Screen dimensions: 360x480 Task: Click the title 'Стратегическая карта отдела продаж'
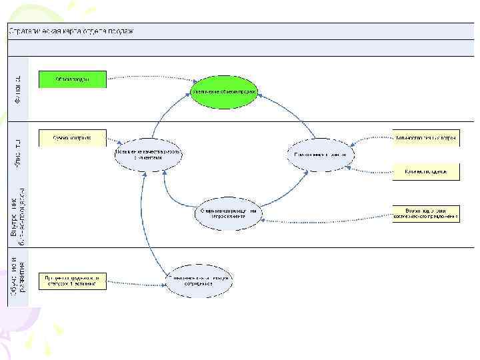point(71,31)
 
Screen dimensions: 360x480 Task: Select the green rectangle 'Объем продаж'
point(72,79)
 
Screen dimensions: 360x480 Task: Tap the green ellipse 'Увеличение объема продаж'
point(223,91)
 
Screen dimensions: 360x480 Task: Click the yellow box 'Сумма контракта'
point(72,138)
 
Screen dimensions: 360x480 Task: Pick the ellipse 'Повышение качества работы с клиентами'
point(147,155)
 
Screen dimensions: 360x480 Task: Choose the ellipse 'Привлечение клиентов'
point(321,155)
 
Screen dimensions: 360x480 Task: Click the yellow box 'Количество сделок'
point(425,171)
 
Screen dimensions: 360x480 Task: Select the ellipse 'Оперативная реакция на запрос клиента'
point(229,213)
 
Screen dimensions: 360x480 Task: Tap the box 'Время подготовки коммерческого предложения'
point(425,213)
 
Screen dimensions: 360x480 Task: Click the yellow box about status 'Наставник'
point(72,280)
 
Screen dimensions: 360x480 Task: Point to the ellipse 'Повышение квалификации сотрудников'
point(199,280)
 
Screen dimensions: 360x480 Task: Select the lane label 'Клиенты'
point(19,153)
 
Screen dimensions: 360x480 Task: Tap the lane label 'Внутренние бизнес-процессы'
point(19,212)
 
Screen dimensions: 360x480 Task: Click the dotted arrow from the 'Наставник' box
point(137,283)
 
